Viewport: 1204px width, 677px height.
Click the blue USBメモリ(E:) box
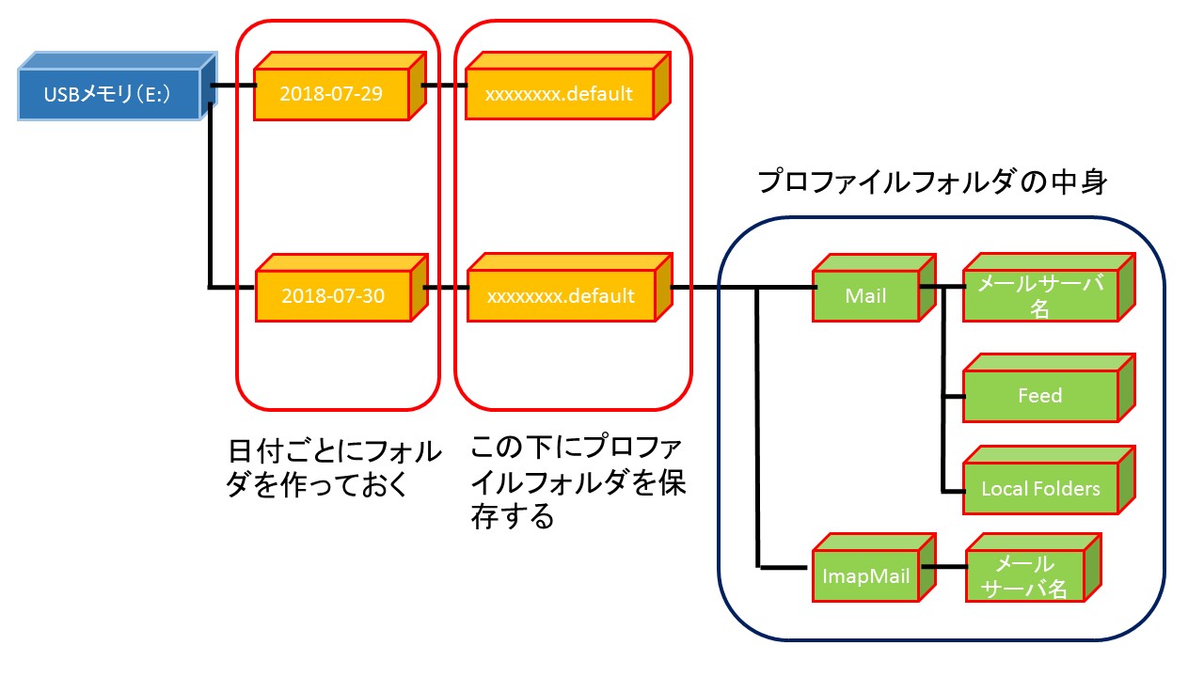pos(108,93)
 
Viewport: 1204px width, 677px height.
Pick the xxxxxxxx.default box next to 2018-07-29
pos(560,94)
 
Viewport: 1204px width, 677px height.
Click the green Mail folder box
pos(865,295)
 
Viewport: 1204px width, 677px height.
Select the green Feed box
pos(1039,396)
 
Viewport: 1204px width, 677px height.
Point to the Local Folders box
pos(1039,489)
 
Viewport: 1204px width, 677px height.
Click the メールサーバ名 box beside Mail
pos(1039,295)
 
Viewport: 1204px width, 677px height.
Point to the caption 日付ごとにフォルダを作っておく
pos(335,467)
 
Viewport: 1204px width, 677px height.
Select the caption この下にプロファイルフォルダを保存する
pos(578,480)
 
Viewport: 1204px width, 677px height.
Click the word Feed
pos(1039,396)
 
